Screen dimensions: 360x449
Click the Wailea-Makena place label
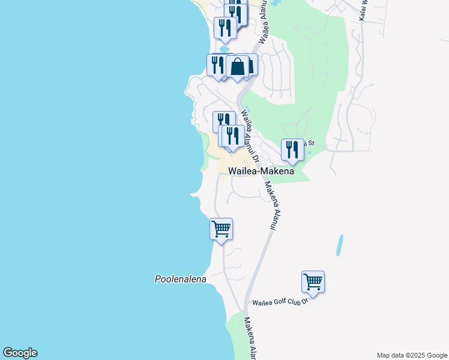click(x=261, y=171)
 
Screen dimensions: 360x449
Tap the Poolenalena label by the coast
click(x=180, y=279)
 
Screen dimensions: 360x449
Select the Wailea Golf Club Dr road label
click(x=280, y=302)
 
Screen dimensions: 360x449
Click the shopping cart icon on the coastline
click(x=221, y=229)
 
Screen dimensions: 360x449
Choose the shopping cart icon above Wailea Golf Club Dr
click(x=313, y=281)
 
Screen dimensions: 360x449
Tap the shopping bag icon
click(x=238, y=66)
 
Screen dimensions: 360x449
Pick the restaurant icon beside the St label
click(x=292, y=149)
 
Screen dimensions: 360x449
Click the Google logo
click(x=20, y=353)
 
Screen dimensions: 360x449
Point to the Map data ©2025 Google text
click(x=412, y=355)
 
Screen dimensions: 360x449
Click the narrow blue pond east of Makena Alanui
click(x=340, y=245)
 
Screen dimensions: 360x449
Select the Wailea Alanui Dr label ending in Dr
click(x=250, y=137)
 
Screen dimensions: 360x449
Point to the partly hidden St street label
click(x=310, y=143)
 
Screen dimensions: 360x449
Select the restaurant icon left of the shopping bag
click(x=217, y=64)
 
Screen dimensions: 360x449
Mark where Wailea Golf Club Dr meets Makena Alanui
click(x=248, y=302)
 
